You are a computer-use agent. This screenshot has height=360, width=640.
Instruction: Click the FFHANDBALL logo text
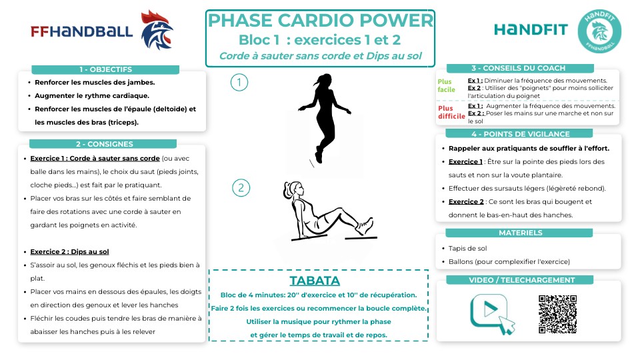pyautogui.click(x=81, y=31)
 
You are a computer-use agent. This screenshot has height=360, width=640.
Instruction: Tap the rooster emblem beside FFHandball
pyautogui.click(x=157, y=29)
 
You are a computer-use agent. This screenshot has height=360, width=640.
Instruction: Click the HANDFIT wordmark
pyautogui.click(x=531, y=29)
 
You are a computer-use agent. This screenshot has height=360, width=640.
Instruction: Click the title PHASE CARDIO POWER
pyautogui.click(x=321, y=21)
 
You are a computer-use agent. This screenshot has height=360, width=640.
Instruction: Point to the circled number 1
pyautogui.click(x=239, y=82)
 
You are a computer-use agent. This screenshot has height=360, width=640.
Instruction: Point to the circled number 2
pyautogui.click(x=240, y=187)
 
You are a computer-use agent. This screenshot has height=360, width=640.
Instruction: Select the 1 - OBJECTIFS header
pyautogui.click(x=105, y=69)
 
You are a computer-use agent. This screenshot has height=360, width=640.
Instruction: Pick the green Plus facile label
pyautogui.click(x=446, y=85)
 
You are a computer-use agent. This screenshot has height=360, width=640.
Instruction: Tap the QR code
pyautogui.click(x=557, y=313)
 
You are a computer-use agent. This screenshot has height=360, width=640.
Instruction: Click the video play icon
pyautogui.click(x=492, y=312)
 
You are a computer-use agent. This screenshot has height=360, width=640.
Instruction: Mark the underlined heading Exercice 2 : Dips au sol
pyautogui.click(x=69, y=252)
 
